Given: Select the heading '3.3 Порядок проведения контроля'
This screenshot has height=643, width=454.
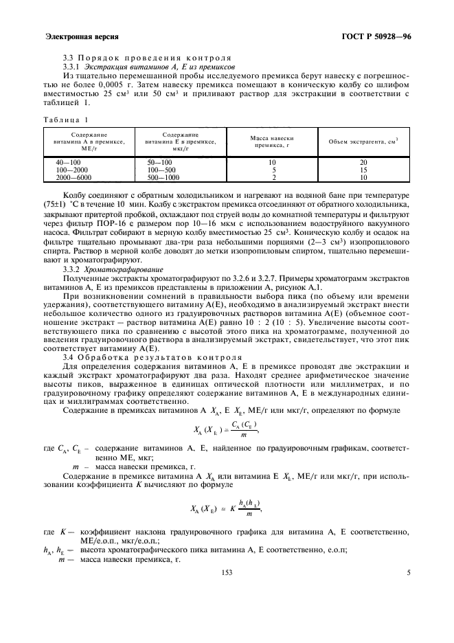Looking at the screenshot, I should pyautogui.click(x=146, y=57).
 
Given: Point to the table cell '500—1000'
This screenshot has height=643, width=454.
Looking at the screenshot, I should pyautogui.click(x=162, y=177).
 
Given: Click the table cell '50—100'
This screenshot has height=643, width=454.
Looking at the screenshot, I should pyautogui.click(x=157, y=162).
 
